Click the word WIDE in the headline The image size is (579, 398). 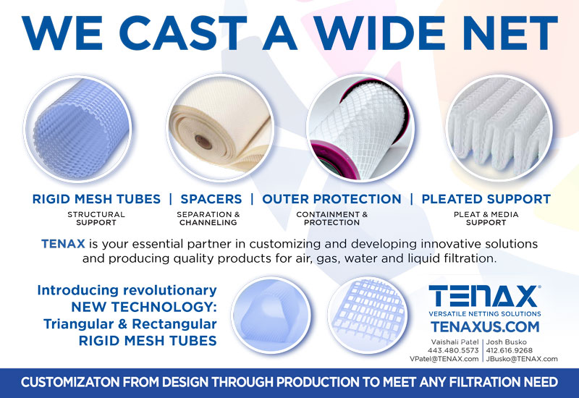pos(384,33)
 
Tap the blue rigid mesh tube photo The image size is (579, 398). pos(78,129)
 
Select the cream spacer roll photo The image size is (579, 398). pos(220,128)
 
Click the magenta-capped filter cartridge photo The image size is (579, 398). pos(360,128)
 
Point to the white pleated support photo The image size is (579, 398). pos(499,128)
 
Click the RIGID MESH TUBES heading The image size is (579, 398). pos(96,199)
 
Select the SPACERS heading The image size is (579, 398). pos(211,199)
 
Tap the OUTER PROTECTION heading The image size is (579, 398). pos(331,199)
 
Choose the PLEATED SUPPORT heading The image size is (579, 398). pos(486,199)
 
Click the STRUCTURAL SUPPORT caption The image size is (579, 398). pos(96,219)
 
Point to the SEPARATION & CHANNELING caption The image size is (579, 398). pos(208,219)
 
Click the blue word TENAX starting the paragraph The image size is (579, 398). pos(63,244)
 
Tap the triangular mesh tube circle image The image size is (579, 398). pos(271,315)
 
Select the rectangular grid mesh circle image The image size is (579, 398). pos(368,315)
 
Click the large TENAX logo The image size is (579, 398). pos(484,296)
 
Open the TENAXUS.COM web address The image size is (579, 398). pos(485,327)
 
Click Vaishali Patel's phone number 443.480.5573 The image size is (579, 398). pos(453,350)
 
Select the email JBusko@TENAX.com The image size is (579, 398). pos(522,359)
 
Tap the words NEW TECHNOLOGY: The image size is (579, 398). pos(143,307)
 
